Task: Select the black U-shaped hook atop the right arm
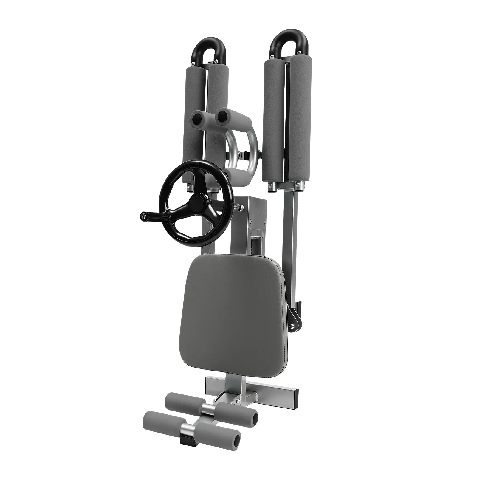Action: (284, 42)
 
